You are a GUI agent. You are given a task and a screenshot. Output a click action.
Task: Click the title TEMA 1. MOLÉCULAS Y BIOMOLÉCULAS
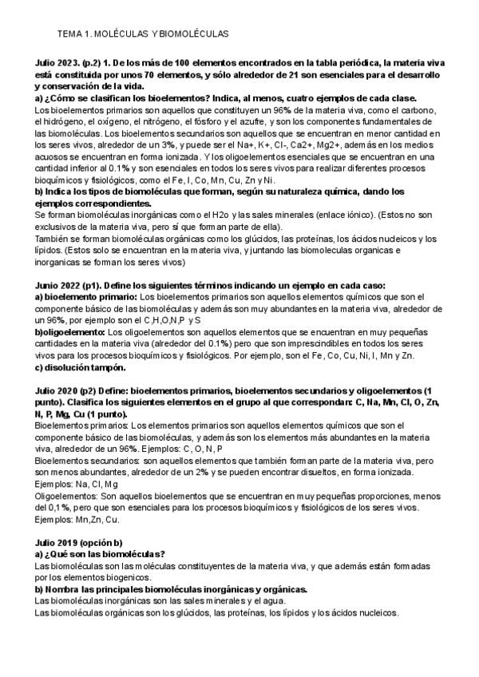point(144,34)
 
